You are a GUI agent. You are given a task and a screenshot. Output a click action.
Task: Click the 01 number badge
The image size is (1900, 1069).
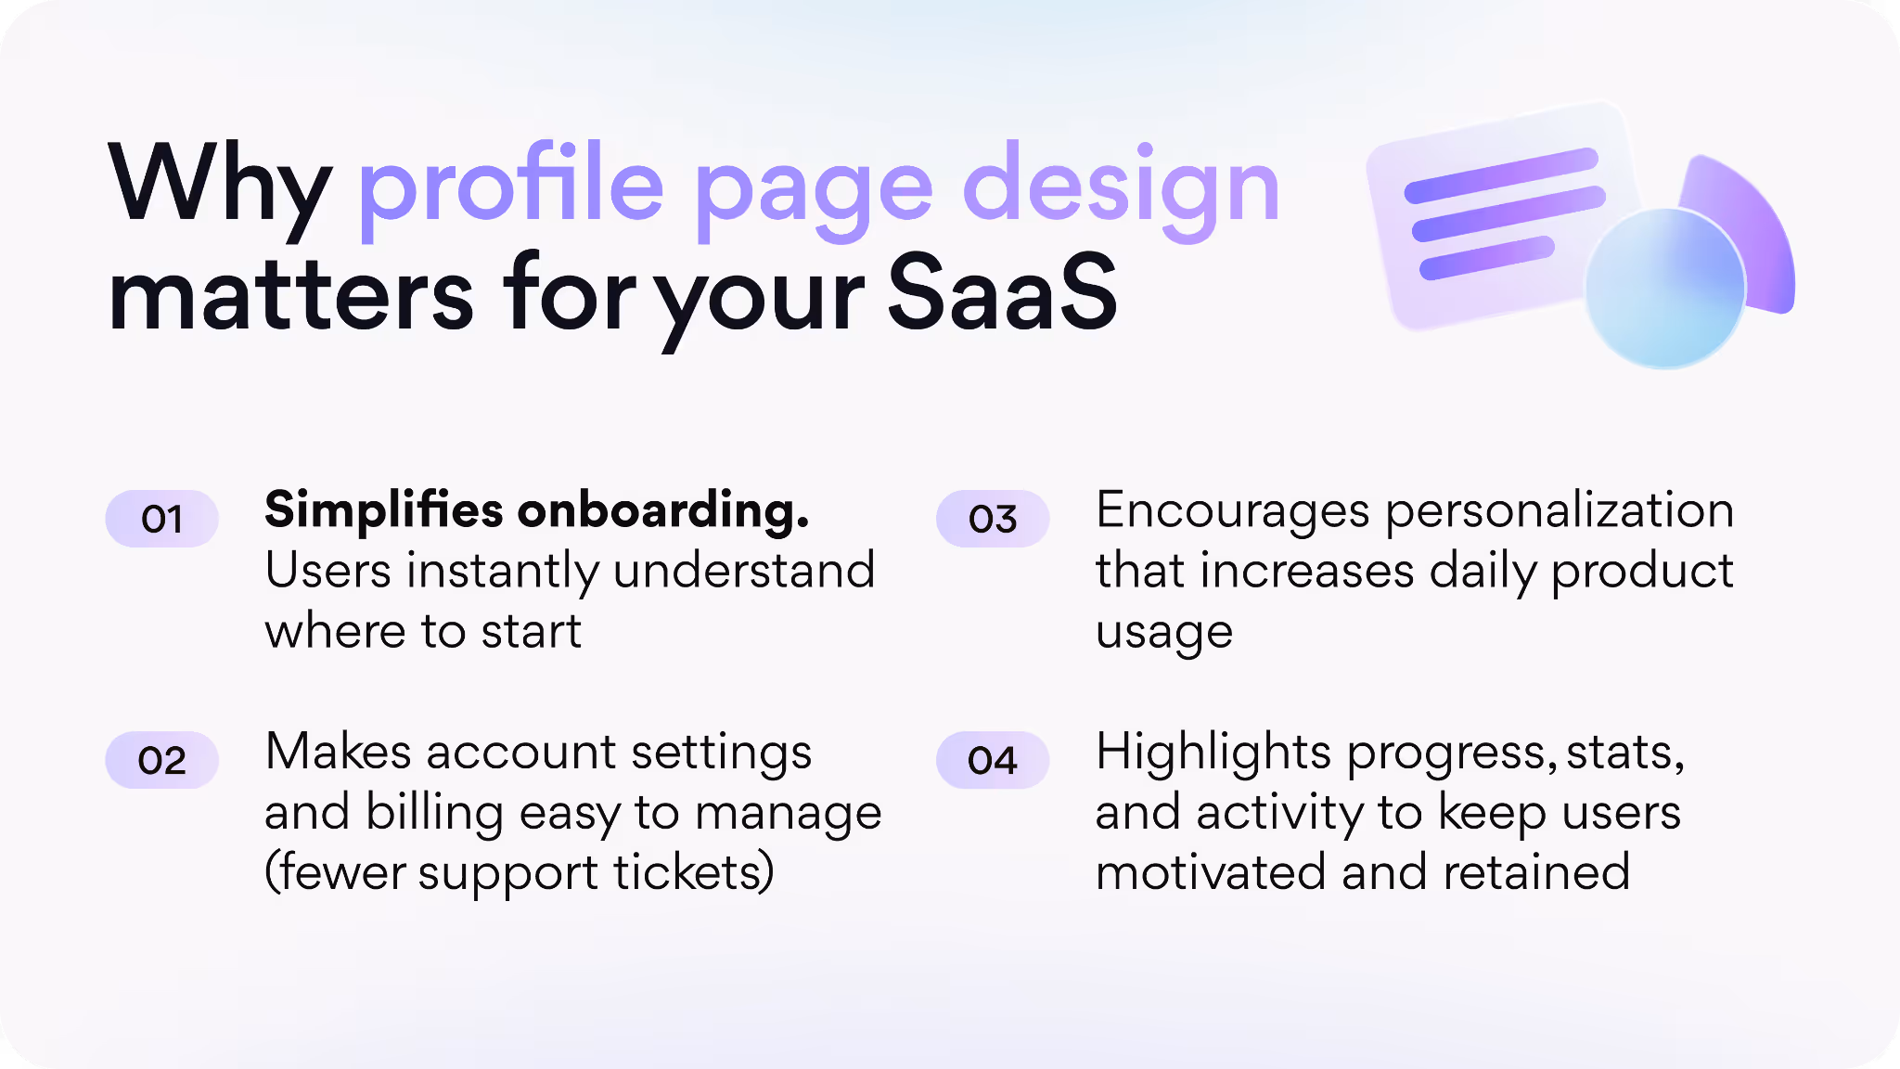tap(161, 519)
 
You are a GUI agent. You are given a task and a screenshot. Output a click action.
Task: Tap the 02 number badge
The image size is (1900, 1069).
tap(161, 761)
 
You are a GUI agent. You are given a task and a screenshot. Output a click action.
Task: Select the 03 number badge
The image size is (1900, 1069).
tap(993, 519)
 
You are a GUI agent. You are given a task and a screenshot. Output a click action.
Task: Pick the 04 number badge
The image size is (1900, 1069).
tap(993, 761)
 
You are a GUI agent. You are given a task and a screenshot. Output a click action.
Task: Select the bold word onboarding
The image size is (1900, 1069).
tap(663, 510)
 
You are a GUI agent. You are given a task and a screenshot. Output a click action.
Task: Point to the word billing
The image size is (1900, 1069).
tap(434, 813)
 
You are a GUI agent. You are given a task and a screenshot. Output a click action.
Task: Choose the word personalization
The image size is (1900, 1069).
tap(1560, 512)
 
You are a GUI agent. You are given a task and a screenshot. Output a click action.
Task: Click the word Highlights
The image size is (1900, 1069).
tap(1213, 753)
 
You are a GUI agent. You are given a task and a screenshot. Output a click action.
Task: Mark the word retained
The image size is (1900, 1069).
tap(1536, 872)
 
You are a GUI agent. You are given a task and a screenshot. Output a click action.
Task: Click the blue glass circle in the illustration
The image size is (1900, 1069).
tap(1664, 288)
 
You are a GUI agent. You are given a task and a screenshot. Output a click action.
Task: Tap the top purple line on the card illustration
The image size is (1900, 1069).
tap(1501, 174)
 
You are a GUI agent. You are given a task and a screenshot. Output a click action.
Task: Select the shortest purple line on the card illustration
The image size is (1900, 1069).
tap(1486, 258)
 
